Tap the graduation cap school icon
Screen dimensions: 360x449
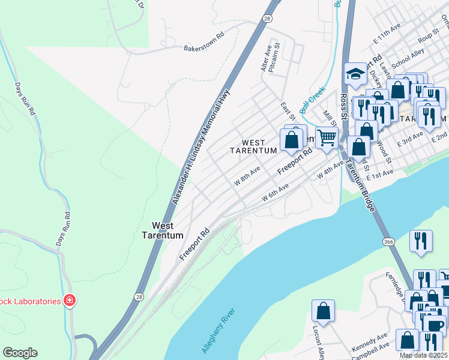click(x=355, y=74)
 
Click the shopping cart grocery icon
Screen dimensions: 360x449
click(x=327, y=137)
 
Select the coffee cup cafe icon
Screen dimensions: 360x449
click(x=434, y=325)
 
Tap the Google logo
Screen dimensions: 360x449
click(x=20, y=353)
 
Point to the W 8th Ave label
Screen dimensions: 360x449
click(x=247, y=176)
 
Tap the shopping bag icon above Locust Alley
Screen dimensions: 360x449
click(x=323, y=311)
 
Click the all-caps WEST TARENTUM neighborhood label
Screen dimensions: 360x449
click(x=254, y=146)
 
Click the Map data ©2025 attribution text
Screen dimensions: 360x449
click(x=423, y=355)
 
